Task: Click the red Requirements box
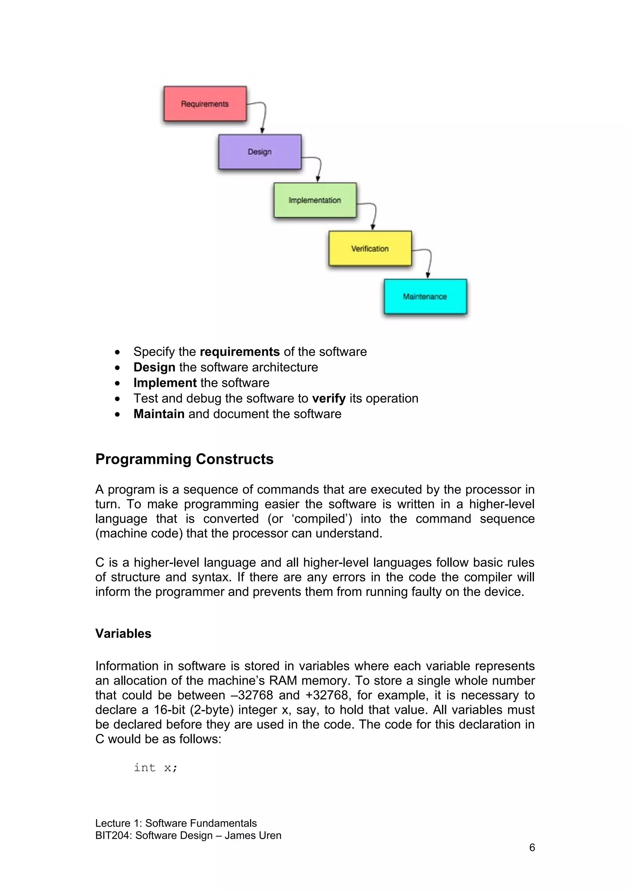205,104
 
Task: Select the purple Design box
260,152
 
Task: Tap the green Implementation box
315,200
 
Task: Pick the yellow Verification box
370,248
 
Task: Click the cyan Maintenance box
425,296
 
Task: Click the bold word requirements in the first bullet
240,352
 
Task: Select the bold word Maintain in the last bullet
159,414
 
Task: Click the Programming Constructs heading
184,459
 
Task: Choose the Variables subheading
123,633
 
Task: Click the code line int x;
156,768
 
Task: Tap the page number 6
532,848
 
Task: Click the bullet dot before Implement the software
117,383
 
